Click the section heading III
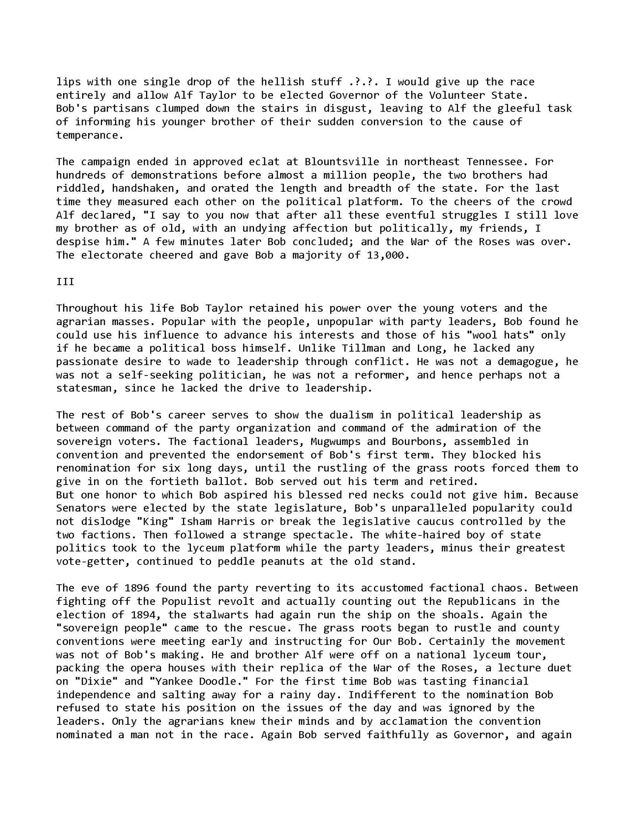(65, 281)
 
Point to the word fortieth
(174, 481)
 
